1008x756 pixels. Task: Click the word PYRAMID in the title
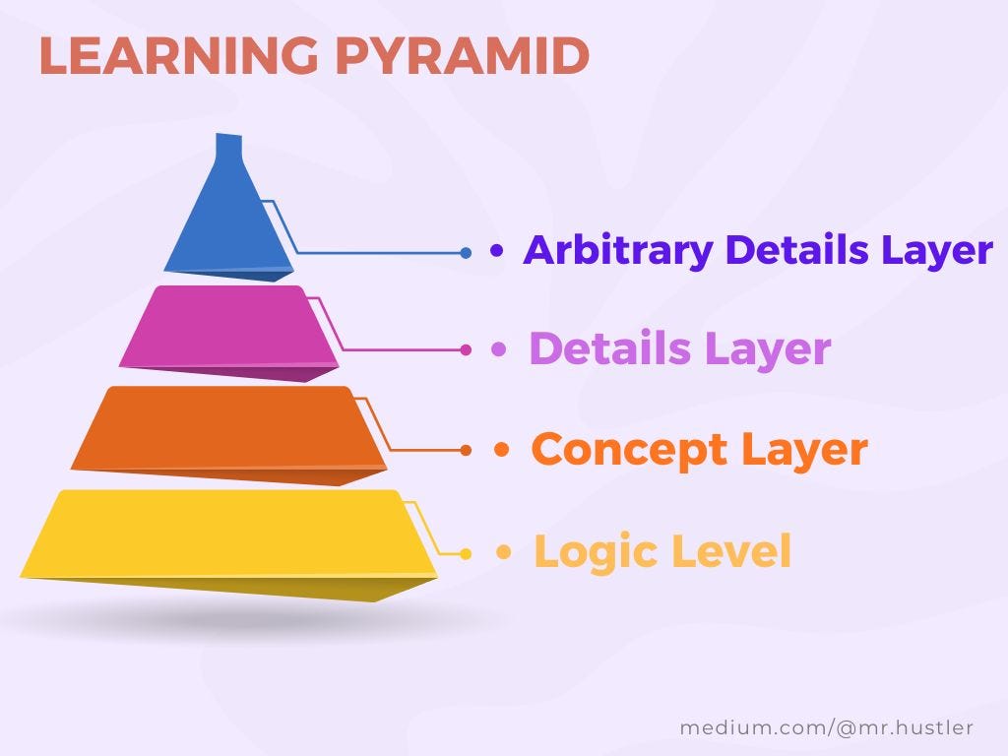462,57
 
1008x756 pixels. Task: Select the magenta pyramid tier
228,327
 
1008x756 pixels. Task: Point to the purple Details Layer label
679,349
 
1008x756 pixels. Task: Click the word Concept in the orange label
629,450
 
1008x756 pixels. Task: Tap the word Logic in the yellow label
596,551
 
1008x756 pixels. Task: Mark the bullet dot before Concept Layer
502,451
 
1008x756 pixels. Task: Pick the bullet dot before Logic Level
504,553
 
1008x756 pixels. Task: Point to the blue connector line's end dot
466,253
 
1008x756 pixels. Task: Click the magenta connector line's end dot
466,349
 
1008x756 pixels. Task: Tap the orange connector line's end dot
467,450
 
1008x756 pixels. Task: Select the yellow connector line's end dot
466,553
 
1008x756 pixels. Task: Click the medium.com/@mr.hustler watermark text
826,727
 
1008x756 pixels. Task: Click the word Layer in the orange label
804,450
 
